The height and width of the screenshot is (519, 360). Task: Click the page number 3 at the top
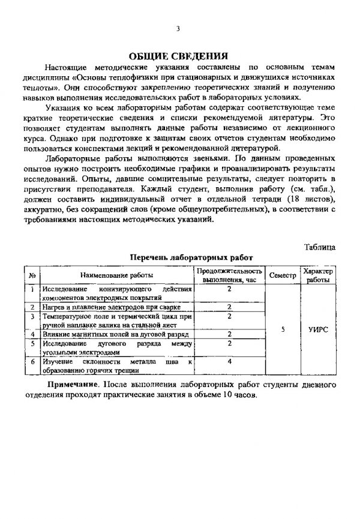[179, 29]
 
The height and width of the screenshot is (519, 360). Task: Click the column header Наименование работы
[116, 274]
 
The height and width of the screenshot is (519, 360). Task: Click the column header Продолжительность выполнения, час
[229, 275]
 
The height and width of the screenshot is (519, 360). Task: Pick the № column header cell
[31, 274]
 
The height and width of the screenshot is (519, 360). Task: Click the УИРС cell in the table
[318, 329]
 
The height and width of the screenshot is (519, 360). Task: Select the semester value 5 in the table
[281, 329]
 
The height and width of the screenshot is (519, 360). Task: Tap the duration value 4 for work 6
[230, 362]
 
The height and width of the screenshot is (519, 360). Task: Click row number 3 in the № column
[31, 316]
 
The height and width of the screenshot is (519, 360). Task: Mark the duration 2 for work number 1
[230, 289]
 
